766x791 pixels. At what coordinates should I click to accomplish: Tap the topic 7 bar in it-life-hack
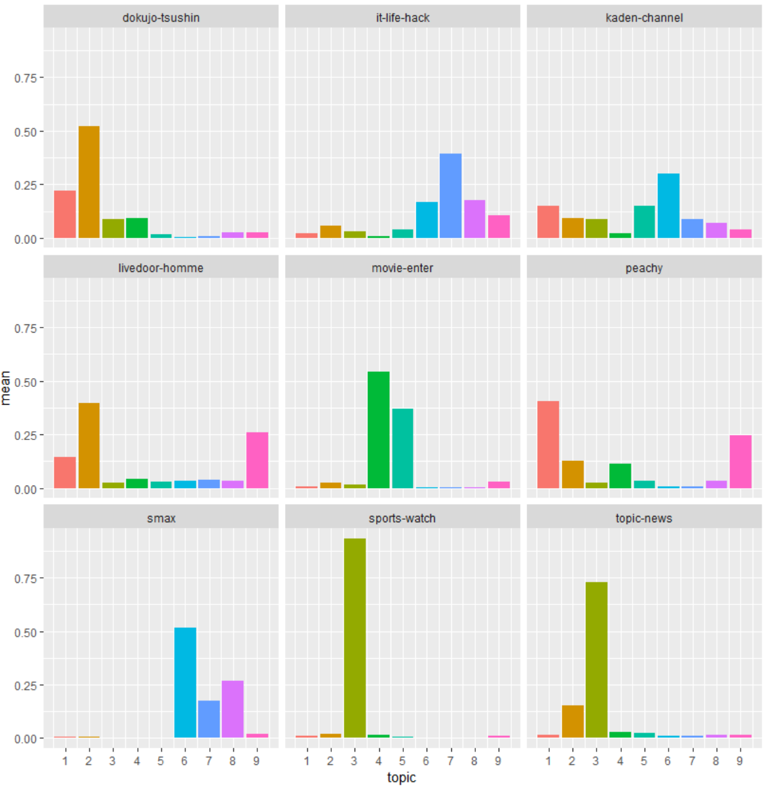[451, 196]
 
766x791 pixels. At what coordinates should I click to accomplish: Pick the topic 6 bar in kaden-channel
[668, 206]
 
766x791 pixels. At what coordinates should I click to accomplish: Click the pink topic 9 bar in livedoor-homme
[257, 460]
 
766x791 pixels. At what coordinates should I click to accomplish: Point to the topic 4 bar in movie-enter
[379, 430]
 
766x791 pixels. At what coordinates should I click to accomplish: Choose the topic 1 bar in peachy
[548, 445]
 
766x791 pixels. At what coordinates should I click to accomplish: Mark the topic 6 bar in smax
[185, 683]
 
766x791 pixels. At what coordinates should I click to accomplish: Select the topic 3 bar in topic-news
[596, 659]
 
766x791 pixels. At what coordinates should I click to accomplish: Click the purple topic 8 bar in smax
[233, 709]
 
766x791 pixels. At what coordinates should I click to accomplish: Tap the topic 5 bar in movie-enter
[403, 448]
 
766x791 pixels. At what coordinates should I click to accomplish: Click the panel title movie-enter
[403, 268]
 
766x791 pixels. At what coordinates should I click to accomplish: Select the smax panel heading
[161, 518]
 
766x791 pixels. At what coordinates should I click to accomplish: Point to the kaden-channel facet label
[644, 18]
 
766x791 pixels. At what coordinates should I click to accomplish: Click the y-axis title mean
[6, 388]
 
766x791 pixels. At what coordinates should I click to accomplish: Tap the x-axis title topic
[401, 778]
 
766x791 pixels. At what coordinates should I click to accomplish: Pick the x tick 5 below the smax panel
[161, 761]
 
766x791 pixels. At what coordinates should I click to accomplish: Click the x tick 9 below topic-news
[739, 761]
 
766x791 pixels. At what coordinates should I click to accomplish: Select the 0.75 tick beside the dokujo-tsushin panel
[26, 78]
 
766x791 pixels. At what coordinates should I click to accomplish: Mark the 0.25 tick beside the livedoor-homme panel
[26, 436]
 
